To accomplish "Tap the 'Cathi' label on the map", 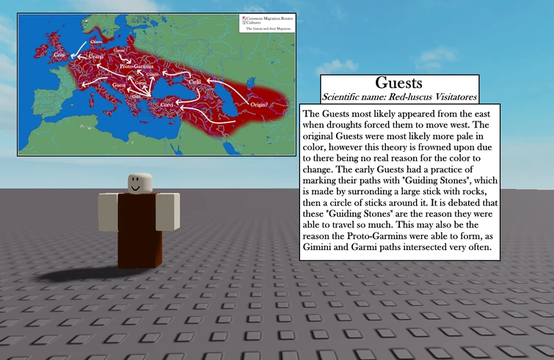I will point(197,82).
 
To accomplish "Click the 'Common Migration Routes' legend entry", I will point(266,18).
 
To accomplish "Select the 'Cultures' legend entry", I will point(254,22).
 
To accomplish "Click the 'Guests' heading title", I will point(399,83).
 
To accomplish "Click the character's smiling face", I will point(137,183).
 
